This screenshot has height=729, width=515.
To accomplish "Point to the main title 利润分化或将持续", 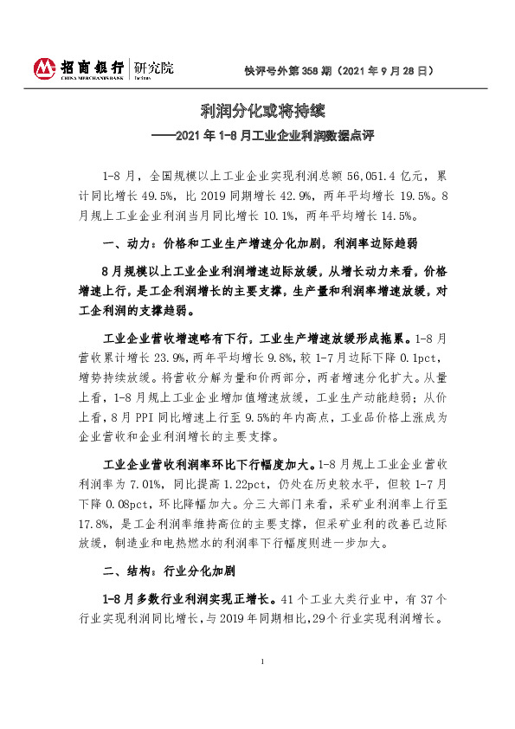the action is coord(257,111).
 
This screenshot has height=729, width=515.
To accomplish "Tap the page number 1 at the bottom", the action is coord(261,661).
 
